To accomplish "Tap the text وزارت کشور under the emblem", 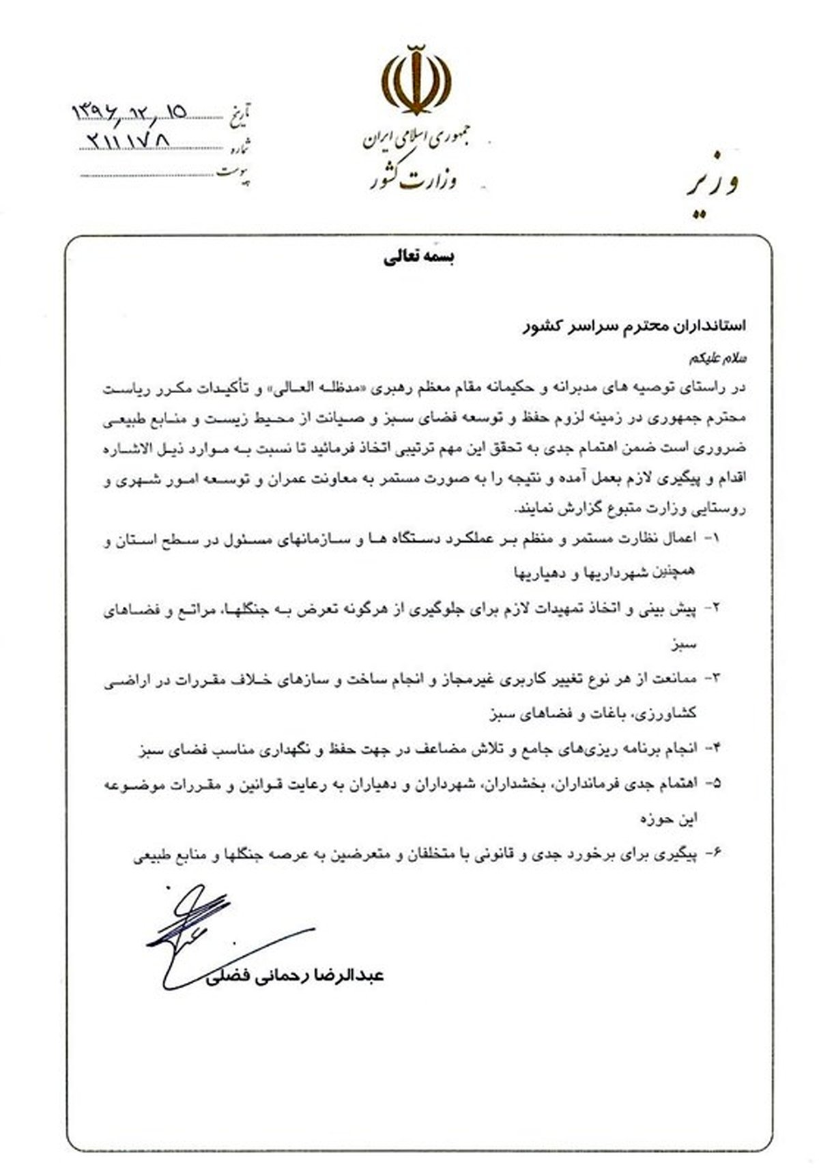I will (414, 180).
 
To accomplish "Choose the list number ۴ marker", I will (715, 749).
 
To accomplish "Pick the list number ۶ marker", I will (715, 854).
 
